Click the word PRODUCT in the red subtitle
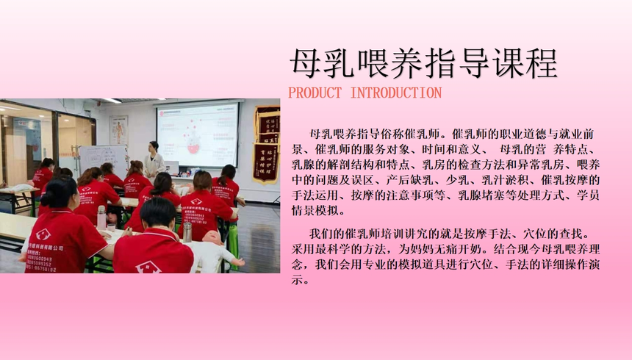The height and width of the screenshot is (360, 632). click(315, 93)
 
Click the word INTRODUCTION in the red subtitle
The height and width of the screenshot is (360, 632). click(396, 93)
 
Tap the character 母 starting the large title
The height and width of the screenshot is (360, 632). click(306, 63)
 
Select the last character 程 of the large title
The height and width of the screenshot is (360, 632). click(541, 63)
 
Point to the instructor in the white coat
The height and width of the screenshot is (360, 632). click(154, 159)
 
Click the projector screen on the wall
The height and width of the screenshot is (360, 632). click(198, 134)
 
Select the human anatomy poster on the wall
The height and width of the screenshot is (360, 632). click(119, 130)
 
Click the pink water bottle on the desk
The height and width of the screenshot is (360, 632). click(101, 217)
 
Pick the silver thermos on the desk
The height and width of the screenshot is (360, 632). click(187, 232)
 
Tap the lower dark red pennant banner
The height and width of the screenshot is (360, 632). click(265, 163)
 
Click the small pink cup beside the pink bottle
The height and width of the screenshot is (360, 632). click(111, 228)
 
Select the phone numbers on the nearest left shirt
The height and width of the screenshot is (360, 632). click(39, 264)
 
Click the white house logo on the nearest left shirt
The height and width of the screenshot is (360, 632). click(43, 234)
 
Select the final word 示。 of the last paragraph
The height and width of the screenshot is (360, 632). click(301, 279)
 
